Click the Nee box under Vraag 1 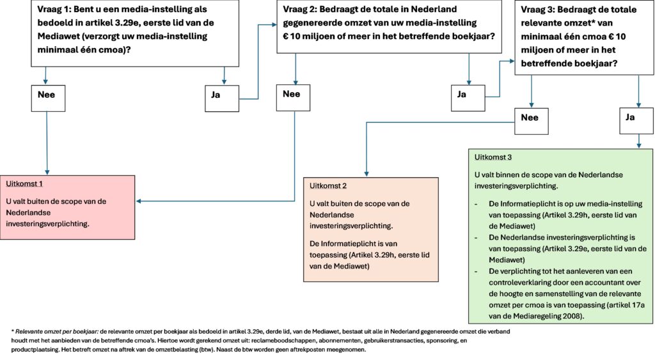[x=48, y=98]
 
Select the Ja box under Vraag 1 [x=222, y=98]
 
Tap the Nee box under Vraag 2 [x=293, y=98]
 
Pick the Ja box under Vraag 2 [x=468, y=98]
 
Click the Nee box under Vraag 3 [x=532, y=121]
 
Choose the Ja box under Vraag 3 [x=636, y=121]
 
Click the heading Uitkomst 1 [x=24, y=184]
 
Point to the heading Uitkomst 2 [x=328, y=186]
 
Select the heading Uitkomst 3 [x=493, y=157]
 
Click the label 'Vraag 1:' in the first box [x=54, y=9]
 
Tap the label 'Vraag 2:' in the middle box [x=300, y=9]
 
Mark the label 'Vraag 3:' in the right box [x=537, y=10]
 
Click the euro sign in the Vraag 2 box [x=286, y=36]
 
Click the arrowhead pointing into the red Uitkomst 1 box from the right [x=139, y=201]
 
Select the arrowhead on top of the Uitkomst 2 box [x=367, y=174]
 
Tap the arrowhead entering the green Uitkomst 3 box [x=639, y=145]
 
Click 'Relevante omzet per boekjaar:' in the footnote [x=57, y=332]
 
